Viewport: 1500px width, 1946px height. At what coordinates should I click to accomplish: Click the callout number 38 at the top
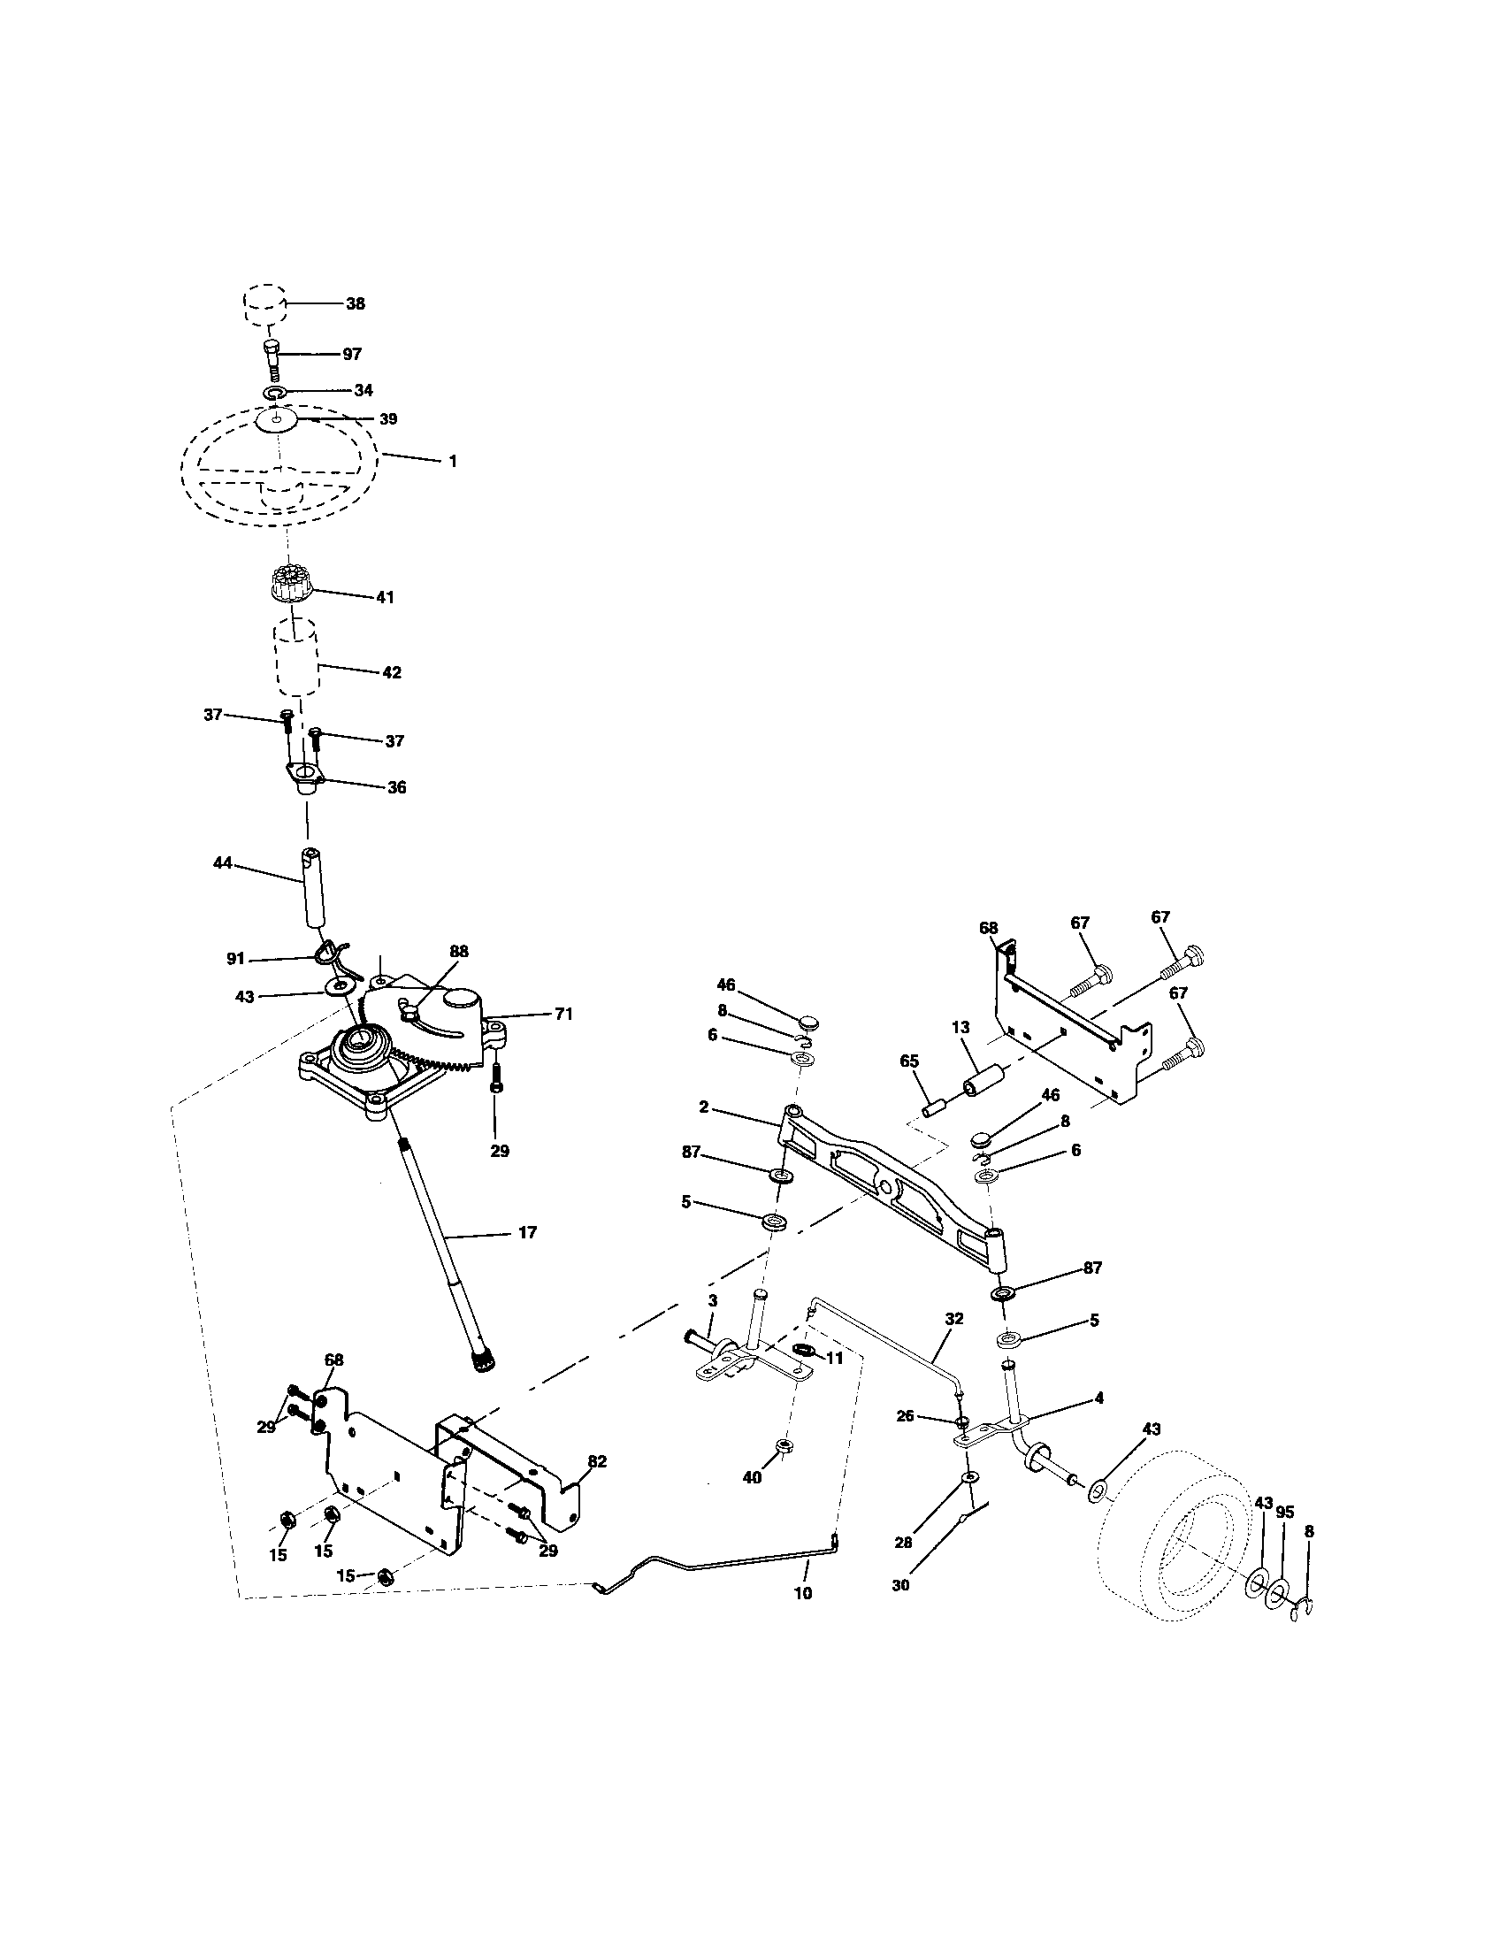355,303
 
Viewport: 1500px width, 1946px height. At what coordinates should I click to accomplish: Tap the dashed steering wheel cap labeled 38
264,307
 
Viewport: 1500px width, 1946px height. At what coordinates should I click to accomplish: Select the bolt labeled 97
272,360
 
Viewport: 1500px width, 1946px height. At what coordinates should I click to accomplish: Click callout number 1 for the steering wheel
453,462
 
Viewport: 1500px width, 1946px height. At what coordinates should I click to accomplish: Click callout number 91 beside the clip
234,959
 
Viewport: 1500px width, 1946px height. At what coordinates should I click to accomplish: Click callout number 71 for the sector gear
563,1013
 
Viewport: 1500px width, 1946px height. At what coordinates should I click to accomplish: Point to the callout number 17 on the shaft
527,1232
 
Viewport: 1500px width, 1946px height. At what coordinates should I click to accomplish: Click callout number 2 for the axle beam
704,1107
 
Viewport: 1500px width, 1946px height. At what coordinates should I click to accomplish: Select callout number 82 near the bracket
597,1461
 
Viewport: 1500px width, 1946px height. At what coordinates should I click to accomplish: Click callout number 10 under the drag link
802,1593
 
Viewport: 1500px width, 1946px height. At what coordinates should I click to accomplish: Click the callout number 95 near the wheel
1284,1512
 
